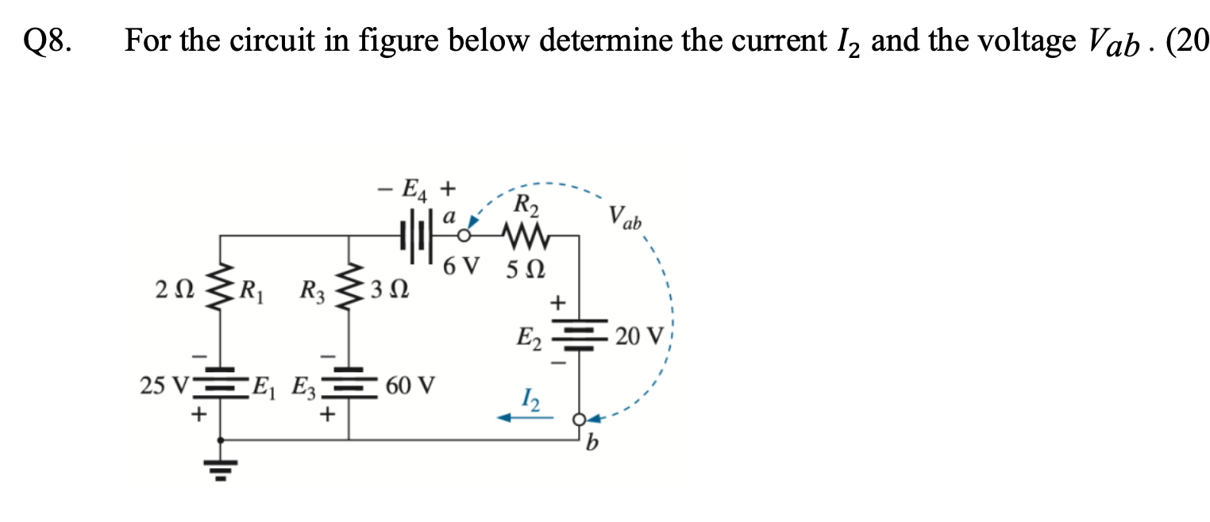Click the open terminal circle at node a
coord(464,236)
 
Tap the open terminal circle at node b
coord(580,418)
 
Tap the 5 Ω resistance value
coord(526,267)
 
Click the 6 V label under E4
coord(462,267)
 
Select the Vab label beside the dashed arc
coord(625,216)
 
